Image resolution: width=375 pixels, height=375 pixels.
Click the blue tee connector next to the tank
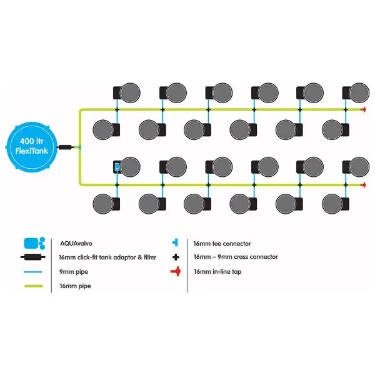[x=79, y=147]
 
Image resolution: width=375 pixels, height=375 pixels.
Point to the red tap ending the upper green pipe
[x=364, y=109]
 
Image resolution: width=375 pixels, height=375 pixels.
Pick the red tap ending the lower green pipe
[x=364, y=184]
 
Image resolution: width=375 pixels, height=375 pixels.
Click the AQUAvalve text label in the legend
[x=73, y=243]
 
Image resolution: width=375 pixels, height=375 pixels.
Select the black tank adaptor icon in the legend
[x=34, y=257]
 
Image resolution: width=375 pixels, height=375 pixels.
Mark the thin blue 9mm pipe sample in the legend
[x=34, y=272]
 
